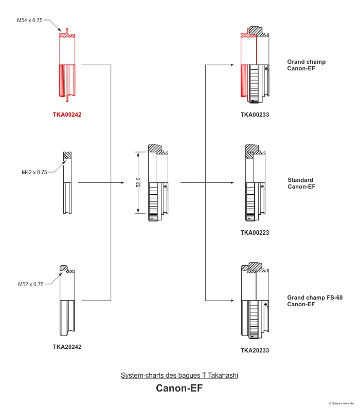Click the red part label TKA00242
click(x=67, y=115)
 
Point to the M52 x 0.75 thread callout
click(x=30, y=284)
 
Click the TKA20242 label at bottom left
click(x=67, y=346)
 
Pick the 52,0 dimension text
click(x=138, y=182)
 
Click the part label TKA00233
click(x=255, y=115)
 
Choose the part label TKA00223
click(x=255, y=233)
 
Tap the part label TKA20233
click(x=255, y=350)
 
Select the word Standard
click(x=300, y=180)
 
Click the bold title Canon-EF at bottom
click(x=179, y=388)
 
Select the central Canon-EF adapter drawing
click(x=158, y=183)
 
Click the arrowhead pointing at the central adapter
click(x=123, y=182)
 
